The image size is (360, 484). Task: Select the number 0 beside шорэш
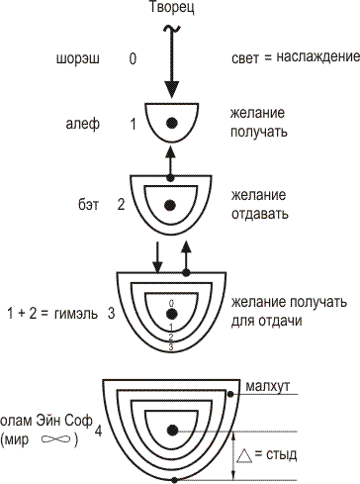[133, 58]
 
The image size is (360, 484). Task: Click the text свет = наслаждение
[293, 58]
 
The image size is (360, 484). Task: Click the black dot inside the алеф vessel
[171, 122]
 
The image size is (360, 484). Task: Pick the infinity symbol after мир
[56, 438]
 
